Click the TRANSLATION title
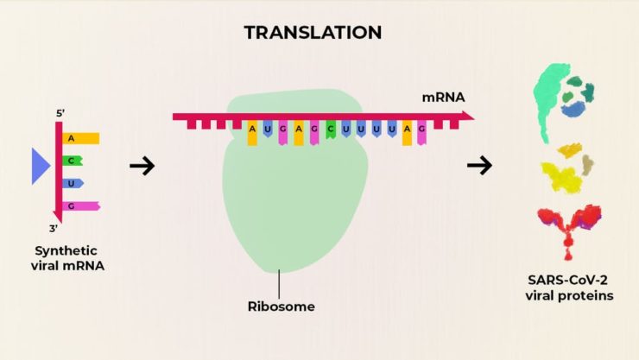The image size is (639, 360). tap(312, 33)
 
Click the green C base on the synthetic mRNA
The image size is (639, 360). tap(73, 161)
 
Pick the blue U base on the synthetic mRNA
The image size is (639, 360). tap(73, 183)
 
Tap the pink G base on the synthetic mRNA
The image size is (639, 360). tap(81, 205)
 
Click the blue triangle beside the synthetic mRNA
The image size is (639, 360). tap(40, 166)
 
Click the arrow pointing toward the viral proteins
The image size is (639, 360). tap(479, 166)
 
